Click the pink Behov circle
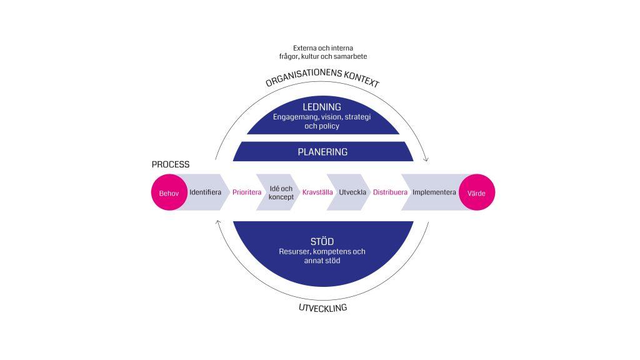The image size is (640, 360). pos(169,192)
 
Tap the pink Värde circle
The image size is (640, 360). pos(477,192)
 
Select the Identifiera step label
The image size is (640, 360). pos(205,192)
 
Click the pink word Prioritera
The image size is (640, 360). pos(247,192)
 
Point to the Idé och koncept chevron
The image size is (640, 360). pos(278,192)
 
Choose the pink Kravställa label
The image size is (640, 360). pos(317,192)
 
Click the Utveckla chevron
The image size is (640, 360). pos(349,192)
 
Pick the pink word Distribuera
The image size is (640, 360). pos(390,192)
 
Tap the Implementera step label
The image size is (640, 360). pos(434,192)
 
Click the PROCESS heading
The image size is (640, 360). pos(171,164)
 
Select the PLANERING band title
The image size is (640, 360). pos(322,152)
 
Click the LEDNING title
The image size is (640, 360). pos(322,107)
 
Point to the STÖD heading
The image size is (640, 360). pos(322,241)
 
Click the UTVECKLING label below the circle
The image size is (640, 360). pos(323,307)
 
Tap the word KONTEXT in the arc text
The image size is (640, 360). pos(361,78)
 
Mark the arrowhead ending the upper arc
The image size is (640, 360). pos(426,159)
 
